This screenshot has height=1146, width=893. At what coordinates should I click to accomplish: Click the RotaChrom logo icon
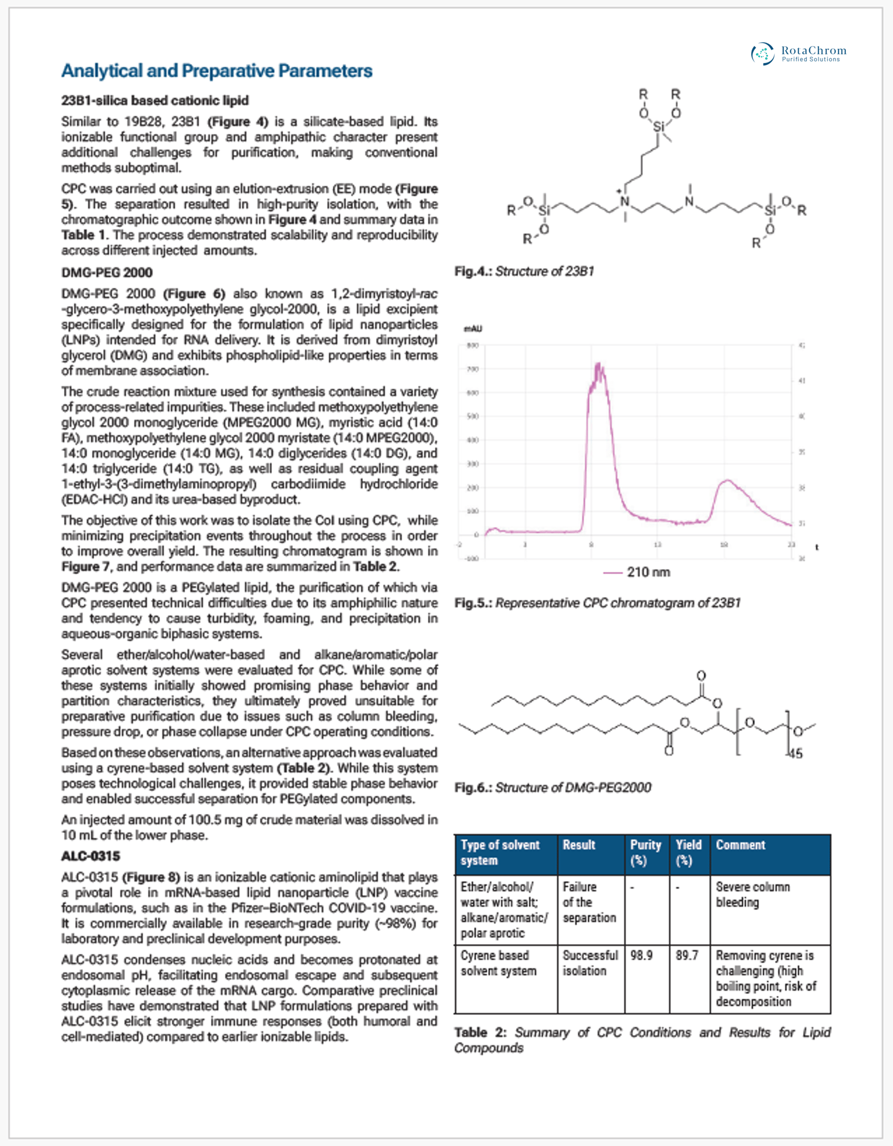(x=763, y=53)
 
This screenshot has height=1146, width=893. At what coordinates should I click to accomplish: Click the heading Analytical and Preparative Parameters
(x=217, y=71)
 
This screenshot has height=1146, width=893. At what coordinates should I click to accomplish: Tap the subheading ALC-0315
(x=91, y=856)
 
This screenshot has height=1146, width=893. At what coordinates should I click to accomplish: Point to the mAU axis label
(x=473, y=328)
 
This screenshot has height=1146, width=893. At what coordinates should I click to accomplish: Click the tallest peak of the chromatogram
(x=598, y=365)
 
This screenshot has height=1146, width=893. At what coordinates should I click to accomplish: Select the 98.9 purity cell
(x=641, y=956)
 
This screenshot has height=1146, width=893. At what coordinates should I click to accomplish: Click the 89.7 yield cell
(x=687, y=956)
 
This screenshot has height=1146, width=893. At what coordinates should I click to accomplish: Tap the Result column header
(x=579, y=845)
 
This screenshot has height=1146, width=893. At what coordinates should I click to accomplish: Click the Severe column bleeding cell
(x=752, y=894)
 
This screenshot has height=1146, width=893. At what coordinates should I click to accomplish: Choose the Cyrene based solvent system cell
(x=498, y=963)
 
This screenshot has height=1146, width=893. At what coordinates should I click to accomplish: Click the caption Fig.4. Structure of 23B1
(x=524, y=271)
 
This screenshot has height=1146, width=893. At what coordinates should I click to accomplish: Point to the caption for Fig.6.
(x=552, y=787)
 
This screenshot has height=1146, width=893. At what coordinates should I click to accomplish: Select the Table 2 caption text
(x=642, y=1040)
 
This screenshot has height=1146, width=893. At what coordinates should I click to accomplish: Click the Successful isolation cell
(x=590, y=963)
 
